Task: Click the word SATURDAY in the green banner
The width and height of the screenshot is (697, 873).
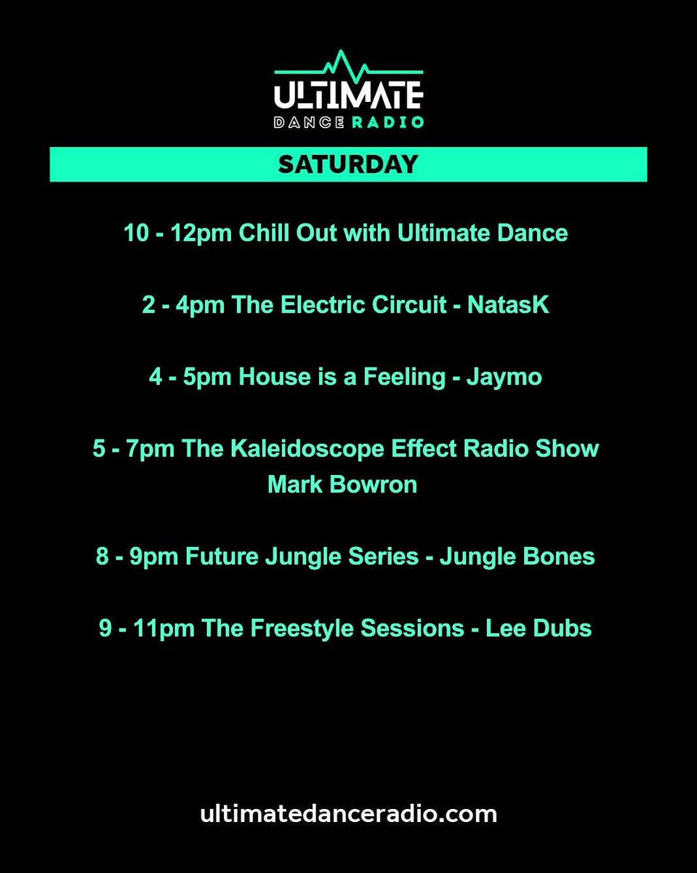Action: tap(348, 164)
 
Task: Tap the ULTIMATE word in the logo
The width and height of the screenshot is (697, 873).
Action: tap(348, 95)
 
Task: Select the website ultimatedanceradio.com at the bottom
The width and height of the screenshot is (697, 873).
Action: tap(348, 813)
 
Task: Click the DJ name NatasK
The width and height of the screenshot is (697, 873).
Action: tap(508, 306)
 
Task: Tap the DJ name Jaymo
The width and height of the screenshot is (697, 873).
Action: tap(504, 377)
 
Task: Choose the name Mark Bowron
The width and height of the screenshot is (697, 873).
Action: tap(342, 485)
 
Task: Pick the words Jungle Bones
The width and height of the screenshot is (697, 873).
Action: tap(517, 557)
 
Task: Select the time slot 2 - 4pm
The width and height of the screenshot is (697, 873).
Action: tap(184, 306)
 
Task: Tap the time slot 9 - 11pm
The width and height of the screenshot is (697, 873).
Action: tap(147, 628)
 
